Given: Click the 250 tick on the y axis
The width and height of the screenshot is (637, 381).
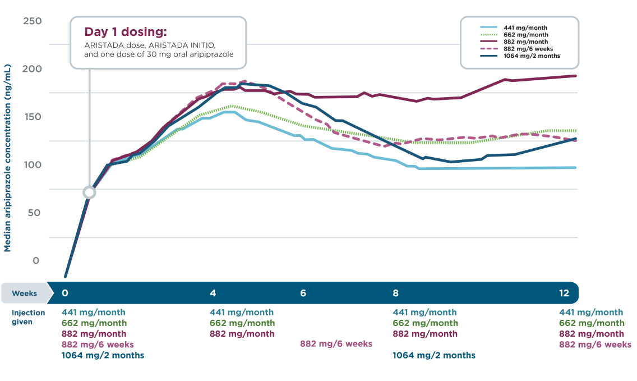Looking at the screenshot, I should (32, 21).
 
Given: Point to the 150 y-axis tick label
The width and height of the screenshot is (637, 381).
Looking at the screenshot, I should (32, 117).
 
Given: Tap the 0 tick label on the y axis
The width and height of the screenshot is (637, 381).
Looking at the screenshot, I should (36, 261).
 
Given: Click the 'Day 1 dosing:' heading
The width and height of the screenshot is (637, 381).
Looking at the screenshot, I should (126, 31).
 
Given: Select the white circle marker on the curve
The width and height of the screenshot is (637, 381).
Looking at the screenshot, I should (89, 192).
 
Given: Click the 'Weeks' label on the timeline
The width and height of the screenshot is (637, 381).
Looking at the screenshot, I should (25, 293).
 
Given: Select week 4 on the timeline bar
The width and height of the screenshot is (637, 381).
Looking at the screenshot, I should (213, 293).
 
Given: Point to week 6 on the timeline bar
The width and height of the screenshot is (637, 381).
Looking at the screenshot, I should (303, 293).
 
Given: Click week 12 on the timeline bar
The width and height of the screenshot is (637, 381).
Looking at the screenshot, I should (564, 293).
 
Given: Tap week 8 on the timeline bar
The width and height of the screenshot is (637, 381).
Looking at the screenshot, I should (395, 293).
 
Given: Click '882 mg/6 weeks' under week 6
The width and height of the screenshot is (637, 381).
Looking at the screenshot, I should (336, 344).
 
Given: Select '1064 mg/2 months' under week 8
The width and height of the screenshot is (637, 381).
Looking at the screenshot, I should (433, 355).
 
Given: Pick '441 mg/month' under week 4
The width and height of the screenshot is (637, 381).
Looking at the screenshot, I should (241, 312).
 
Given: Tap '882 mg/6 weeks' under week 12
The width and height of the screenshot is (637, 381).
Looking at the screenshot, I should (594, 345).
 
